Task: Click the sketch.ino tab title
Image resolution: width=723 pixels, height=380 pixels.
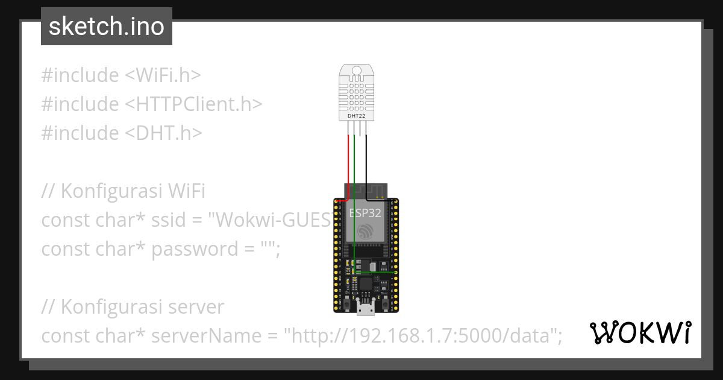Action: click(x=107, y=27)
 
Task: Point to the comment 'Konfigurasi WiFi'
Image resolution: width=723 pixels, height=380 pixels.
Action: click(x=133, y=191)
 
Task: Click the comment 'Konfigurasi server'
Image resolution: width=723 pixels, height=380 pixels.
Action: click(x=142, y=307)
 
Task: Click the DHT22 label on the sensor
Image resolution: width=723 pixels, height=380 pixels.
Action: click(x=357, y=115)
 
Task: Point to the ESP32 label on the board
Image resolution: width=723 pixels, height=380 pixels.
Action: click(x=365, y=213)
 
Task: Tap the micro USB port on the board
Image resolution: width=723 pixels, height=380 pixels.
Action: click(x=365, y=309)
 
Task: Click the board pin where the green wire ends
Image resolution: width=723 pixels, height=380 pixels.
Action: click(x=395, y=273)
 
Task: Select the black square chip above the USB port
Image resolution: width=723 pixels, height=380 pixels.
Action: click(x=366, y=283)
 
